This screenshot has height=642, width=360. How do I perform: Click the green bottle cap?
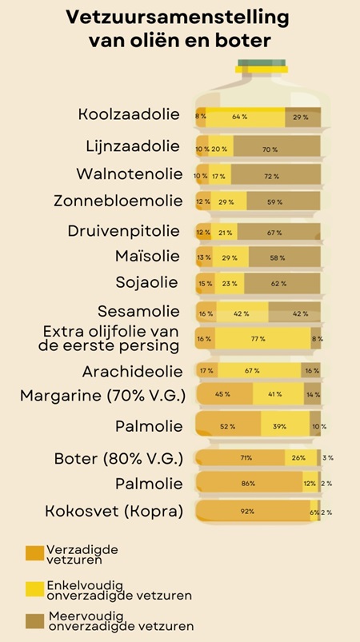click(x=258, y=66)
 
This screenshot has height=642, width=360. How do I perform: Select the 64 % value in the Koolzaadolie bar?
click(x=239, y=118)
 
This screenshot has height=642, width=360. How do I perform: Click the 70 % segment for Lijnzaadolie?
click(x=270, y=149)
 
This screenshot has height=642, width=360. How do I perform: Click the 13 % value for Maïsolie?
click(x=204, y=257)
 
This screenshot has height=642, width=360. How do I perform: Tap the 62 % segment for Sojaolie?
click(x=278, y=283)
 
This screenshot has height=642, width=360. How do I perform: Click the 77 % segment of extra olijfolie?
click(x=258, y=340)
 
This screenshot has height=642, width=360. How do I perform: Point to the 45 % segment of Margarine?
click(x=223, y=394)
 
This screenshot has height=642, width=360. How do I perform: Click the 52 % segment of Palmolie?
click(x=228, y=426)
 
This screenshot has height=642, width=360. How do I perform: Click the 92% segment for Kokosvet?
click(x=249, y=511)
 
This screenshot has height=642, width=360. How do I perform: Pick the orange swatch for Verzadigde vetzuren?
click(x=34, y=552)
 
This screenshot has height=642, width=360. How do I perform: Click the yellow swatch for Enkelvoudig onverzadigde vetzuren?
click(x=34, y=589)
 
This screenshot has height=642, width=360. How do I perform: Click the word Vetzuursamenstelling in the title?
click(x=178, y=18)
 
